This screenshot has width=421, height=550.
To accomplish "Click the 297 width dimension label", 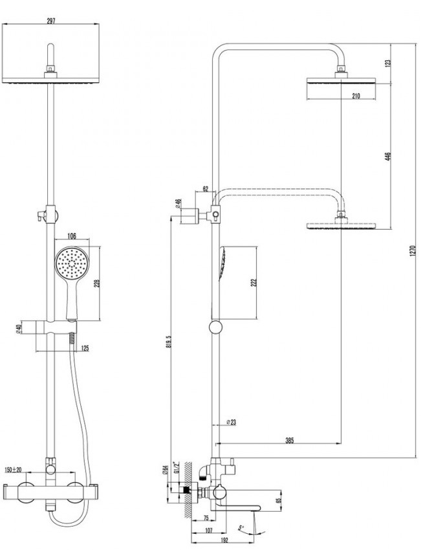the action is [x=51, y=21].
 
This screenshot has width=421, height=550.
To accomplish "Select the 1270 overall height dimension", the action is [x=412, y=251].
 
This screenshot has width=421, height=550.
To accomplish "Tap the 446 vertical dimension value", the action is [x=387, y=156].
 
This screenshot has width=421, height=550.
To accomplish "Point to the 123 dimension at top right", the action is [x=387, y=63].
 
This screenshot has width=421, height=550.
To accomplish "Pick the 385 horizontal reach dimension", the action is [x=289, y=440].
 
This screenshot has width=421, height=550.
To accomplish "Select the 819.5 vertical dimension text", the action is [x=169, y=341].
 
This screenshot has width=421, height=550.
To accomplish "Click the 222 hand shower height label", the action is [x=254, y=283].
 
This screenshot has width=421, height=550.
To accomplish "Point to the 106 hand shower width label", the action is [x=72, y=236].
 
